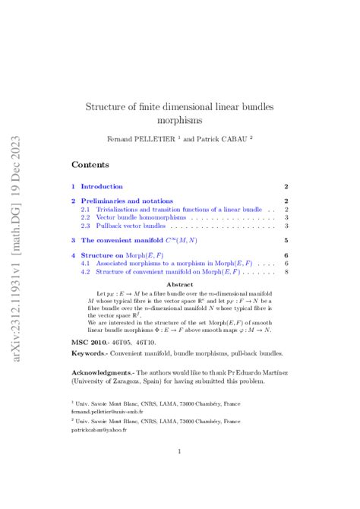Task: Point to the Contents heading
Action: point(90,164)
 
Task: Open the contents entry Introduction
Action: point(102,186)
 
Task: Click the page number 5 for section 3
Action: point(286,240)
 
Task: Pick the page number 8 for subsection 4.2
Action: point(286,271)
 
